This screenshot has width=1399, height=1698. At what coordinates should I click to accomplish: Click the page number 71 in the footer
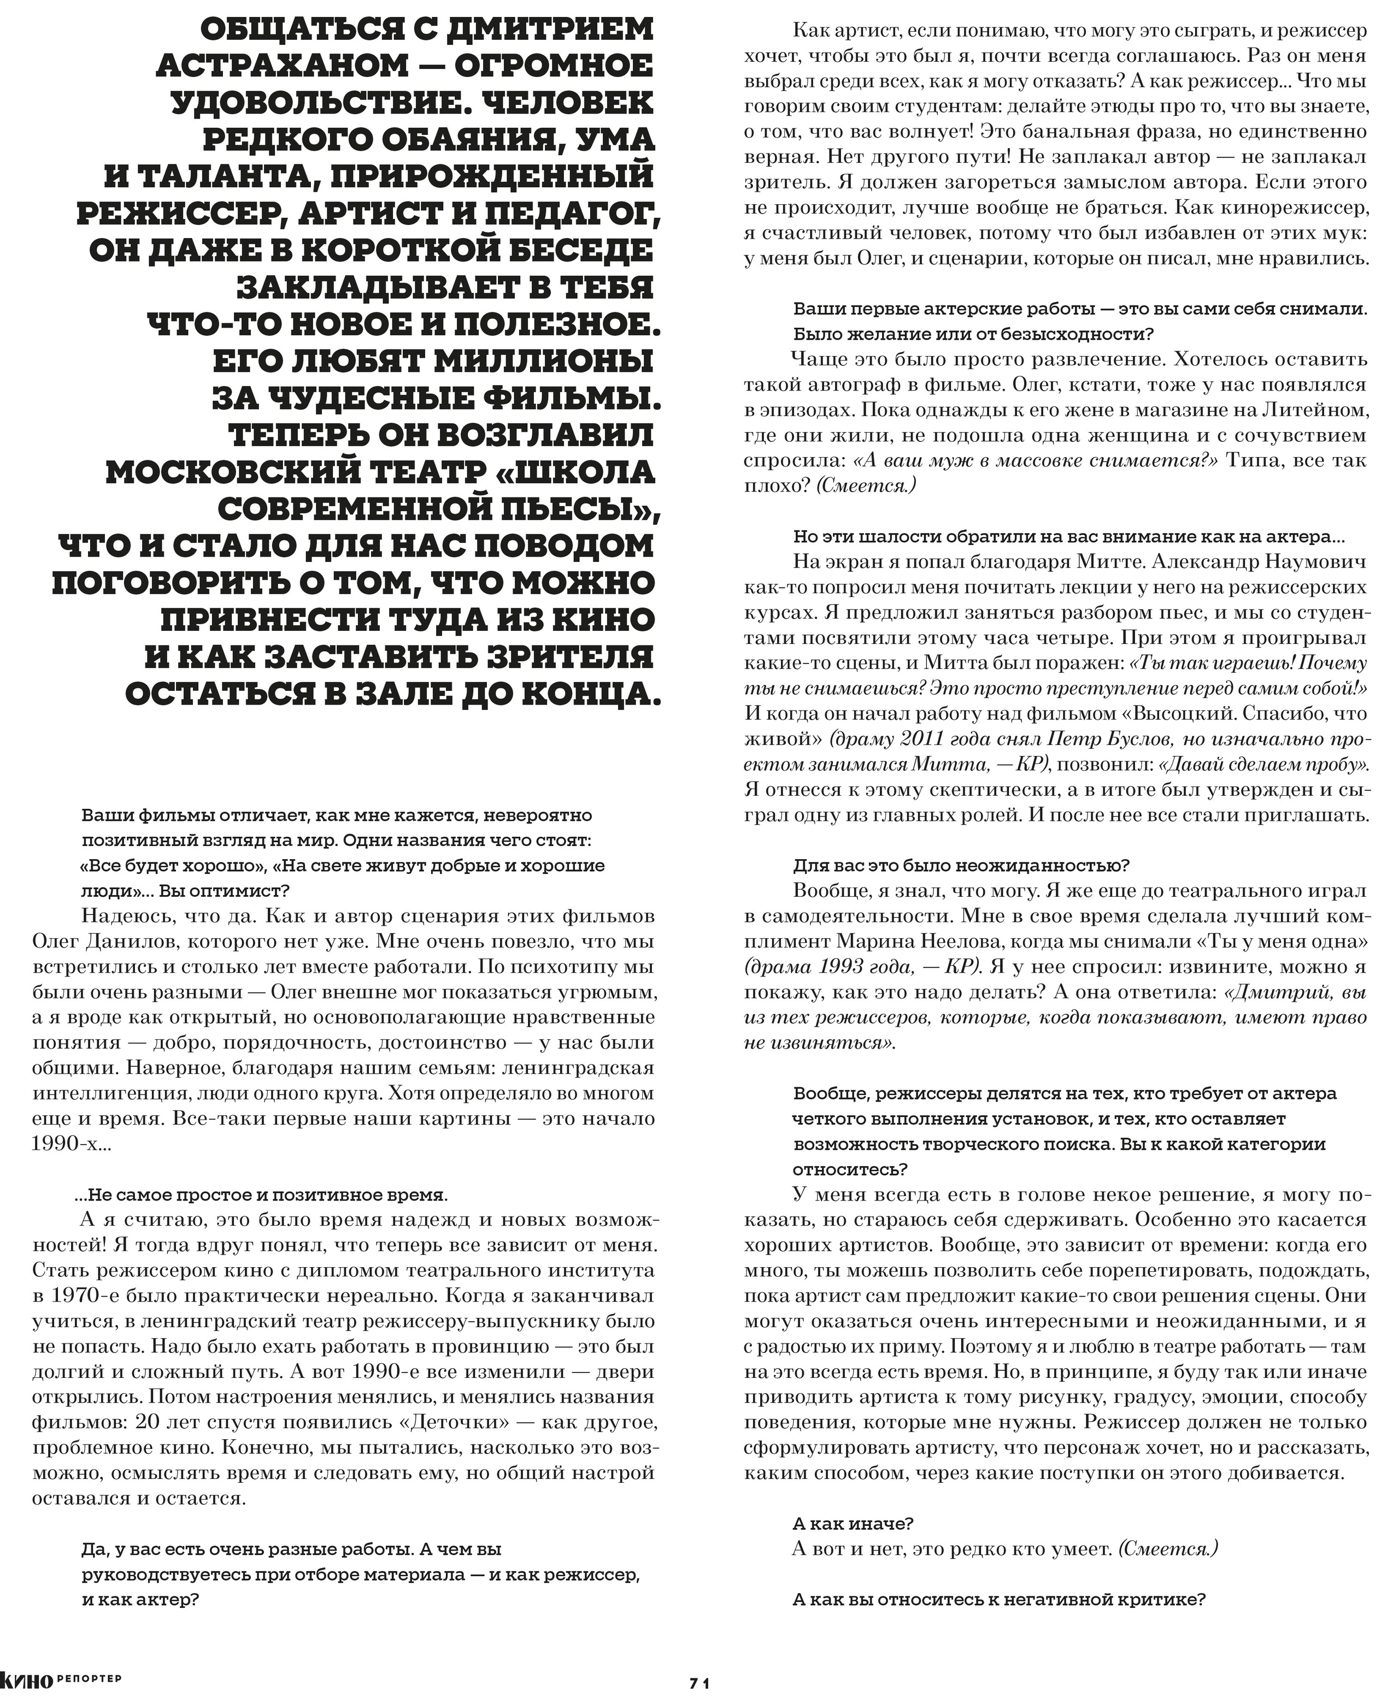698,1683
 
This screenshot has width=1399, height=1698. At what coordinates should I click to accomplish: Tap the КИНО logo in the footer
27,1681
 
